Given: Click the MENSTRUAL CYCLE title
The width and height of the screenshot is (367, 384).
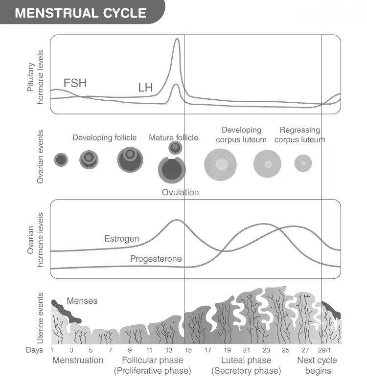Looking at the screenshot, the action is point(80,13).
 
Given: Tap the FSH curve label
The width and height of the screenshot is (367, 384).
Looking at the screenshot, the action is point(75,83).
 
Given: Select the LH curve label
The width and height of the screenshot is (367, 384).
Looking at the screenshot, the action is point(145,88).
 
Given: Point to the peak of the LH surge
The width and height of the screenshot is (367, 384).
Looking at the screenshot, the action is point(177,39).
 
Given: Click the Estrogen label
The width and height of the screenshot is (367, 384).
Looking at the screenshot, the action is point(122,239).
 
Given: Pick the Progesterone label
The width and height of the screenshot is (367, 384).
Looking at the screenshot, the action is point(156,259).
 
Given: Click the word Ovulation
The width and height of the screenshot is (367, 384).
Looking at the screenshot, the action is point(180,192).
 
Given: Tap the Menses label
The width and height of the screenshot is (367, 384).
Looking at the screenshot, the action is point(82,301).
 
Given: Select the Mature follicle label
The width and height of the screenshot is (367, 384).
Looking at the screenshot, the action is point(173,137).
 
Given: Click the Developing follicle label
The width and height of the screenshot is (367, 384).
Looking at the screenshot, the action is point(104,137).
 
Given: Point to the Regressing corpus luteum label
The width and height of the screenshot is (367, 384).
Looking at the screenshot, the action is point(299,135).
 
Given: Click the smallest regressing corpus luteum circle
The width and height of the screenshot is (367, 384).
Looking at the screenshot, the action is point(303,163).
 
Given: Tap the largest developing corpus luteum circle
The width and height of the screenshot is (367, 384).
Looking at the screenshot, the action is point(220,164).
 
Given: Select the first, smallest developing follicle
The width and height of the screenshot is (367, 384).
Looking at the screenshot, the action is point(61,160).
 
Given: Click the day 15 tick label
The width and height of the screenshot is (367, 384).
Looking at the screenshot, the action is point(188,350).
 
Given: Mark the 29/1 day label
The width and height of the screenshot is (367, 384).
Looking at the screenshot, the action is point(324,350).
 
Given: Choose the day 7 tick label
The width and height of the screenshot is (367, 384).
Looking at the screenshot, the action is point(110,350).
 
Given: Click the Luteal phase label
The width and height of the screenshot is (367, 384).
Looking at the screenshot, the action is point(246,360).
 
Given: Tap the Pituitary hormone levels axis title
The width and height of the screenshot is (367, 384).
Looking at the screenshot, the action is point(35,77).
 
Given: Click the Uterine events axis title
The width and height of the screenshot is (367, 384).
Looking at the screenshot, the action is point(40,318).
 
